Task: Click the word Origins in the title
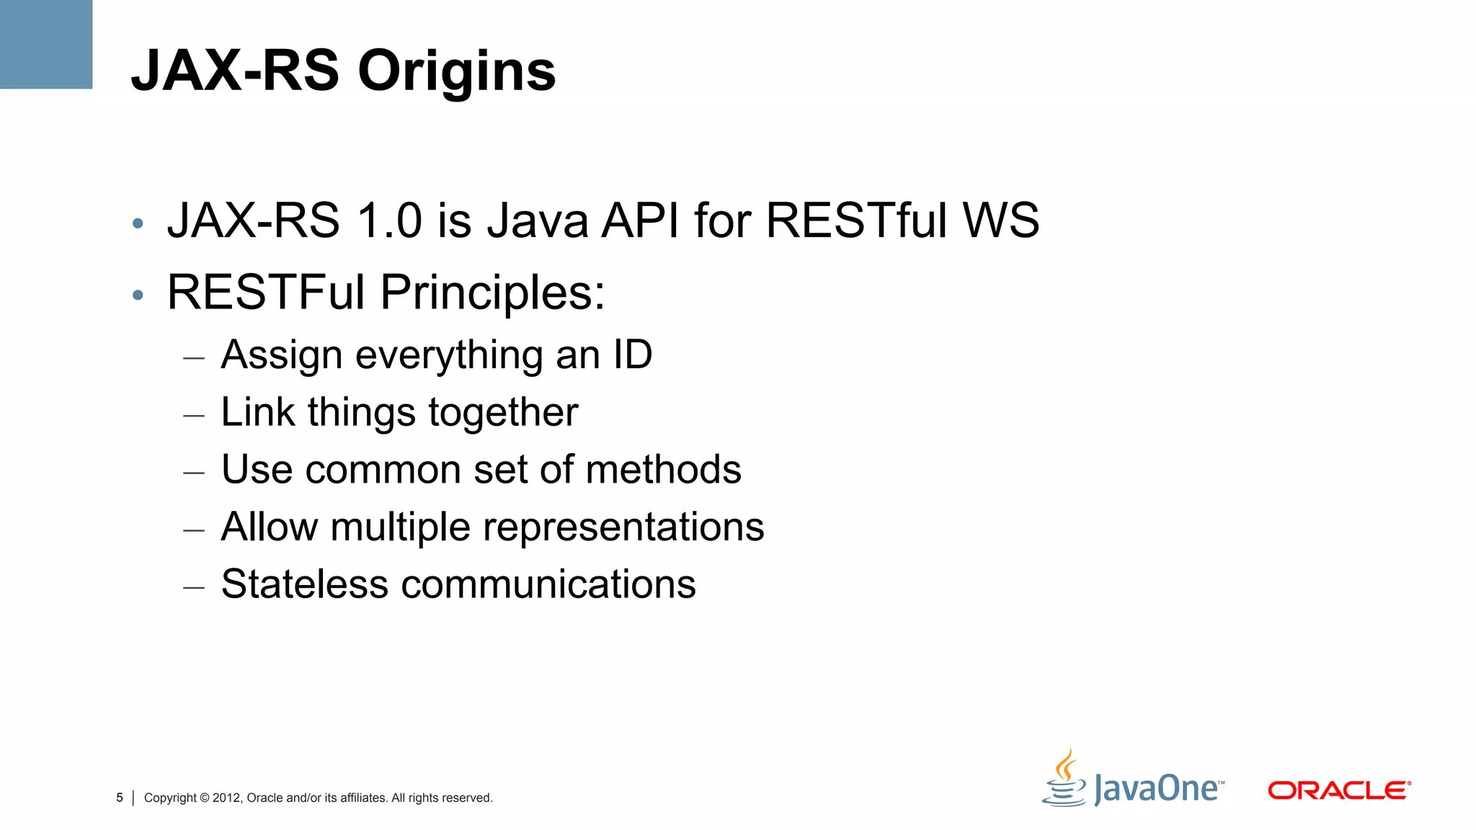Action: click(x=457, y=72)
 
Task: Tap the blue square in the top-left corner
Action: click(x=45, y=44)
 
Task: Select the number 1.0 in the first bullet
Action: click(x=389, y=220)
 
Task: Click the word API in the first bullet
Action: click(x=640, y=220)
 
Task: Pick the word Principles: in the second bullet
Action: click(x=493, y=293)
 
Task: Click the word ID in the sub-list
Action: click(x=632, y=354)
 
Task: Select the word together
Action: click(x=503, y=414)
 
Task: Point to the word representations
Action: click(x=623, y=527)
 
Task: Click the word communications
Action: click(x=548, y=584)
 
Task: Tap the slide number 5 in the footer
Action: click(x=120, y=798)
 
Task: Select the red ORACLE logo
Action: click(x=1338, y=790)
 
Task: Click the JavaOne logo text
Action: click(x=1157, y=788)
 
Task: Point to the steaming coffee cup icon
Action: click(x=1064, y=780)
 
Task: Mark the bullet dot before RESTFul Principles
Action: click(x=138, y=295)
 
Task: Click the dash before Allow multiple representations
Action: click(x=194, y=531)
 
